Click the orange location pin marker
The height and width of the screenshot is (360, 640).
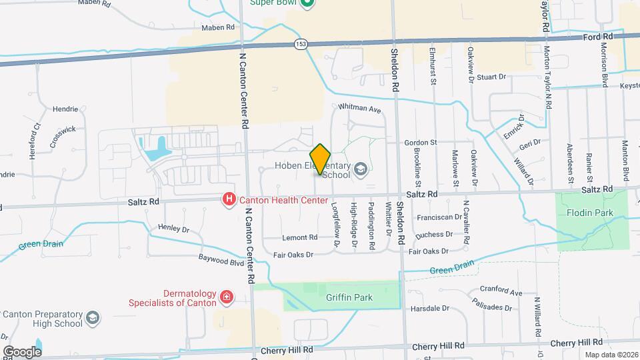tap(321, 159)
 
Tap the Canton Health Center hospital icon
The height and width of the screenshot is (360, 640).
tap(229, 199)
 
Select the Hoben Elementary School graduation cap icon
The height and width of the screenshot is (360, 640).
tap(361, 170)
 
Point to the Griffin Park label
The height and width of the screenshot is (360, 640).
tap(349, 297)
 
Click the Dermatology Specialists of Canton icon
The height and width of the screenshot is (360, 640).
tap(227, 297)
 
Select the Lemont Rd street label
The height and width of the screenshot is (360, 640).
tap(299, 237)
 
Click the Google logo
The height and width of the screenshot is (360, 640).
tap(22, 351)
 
